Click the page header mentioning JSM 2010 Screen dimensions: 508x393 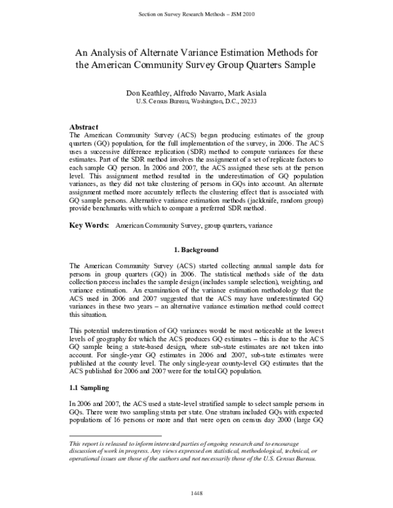pos(196,13)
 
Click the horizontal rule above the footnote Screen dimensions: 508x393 pos(115,435)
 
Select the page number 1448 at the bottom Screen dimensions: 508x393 pos(196,492)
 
